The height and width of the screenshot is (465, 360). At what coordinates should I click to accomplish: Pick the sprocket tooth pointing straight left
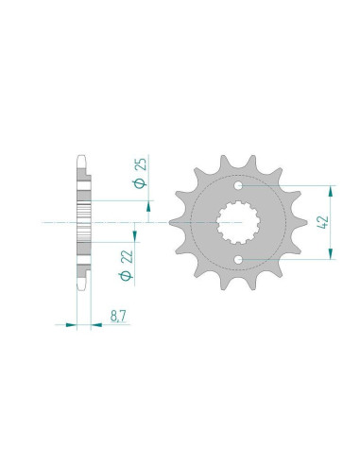(x=173, y=223)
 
